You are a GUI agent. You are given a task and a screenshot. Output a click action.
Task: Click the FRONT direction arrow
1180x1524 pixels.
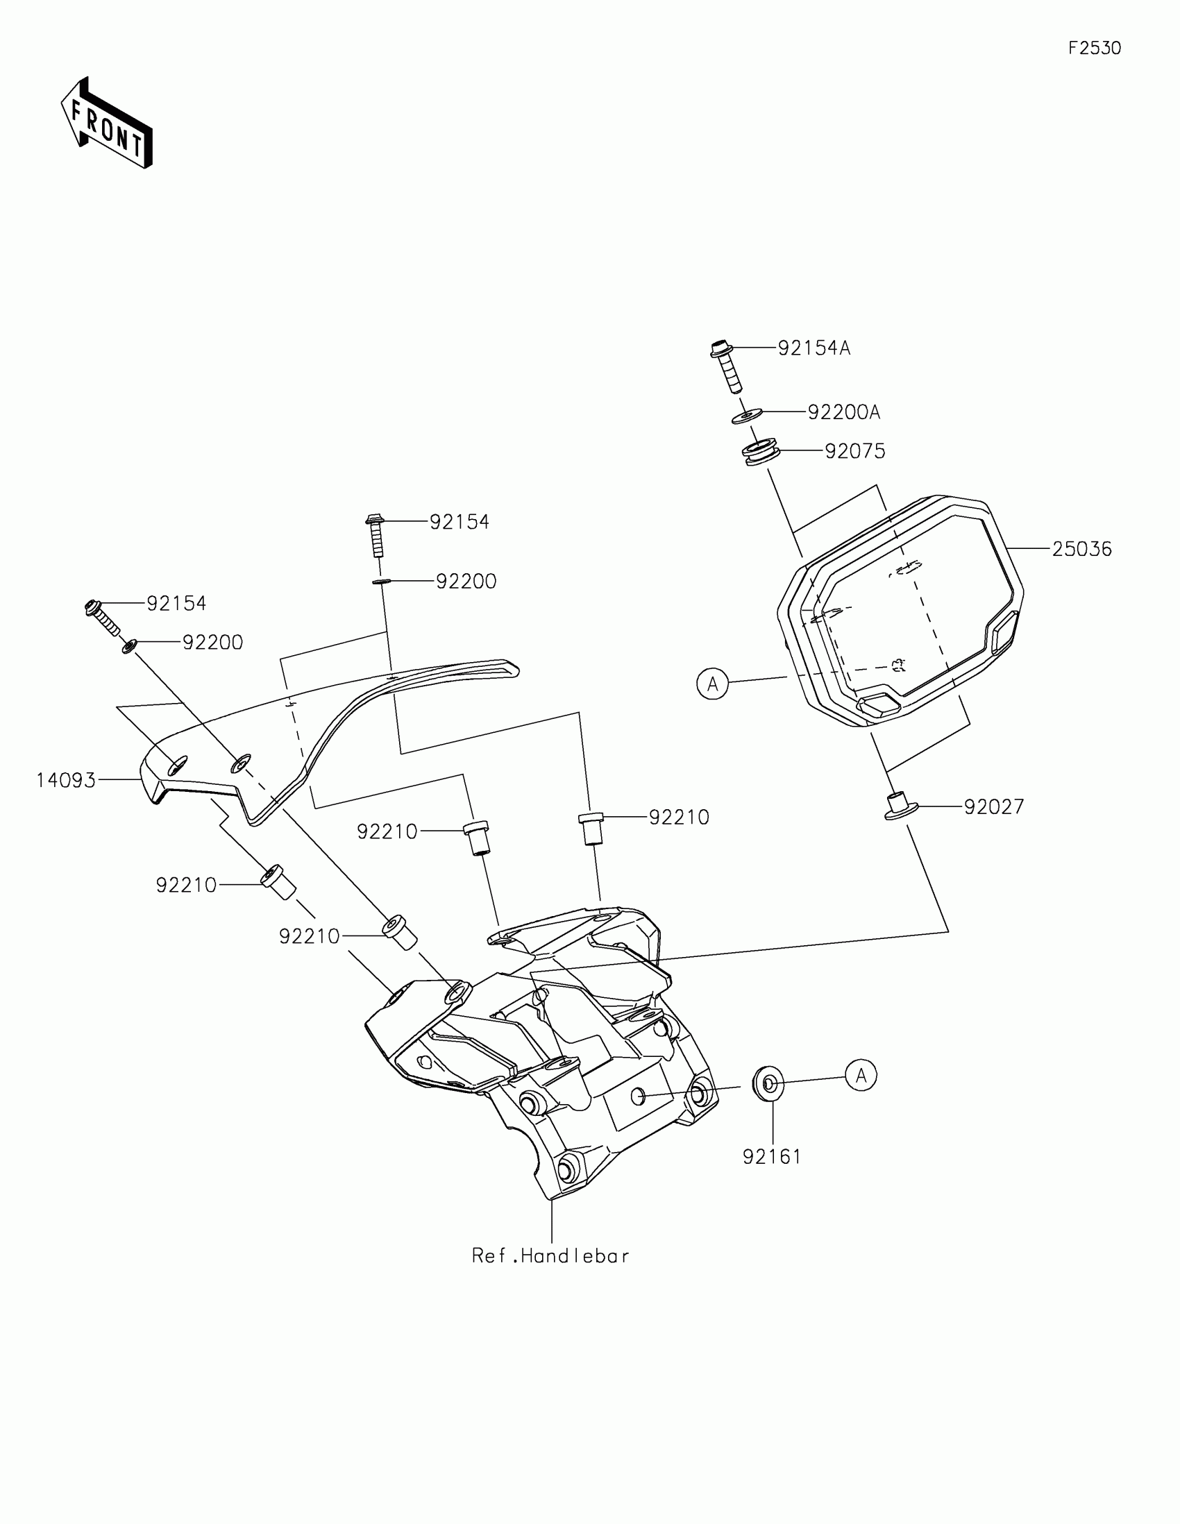click(106, 123)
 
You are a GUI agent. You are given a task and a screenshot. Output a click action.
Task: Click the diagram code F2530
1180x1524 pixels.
click(1094, 48)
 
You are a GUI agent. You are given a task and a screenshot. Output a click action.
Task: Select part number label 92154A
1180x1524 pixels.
click(814, 348)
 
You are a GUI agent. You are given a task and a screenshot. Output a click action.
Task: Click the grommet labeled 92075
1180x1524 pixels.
click(760, 452)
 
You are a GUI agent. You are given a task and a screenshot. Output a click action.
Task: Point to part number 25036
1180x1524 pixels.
click(1081, 549)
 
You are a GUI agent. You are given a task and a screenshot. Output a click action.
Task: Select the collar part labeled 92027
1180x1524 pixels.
click(899, 806)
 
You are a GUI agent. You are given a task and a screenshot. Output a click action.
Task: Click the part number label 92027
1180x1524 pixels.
click(994, 806)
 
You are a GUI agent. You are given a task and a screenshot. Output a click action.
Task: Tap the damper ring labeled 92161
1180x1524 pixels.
click(768, 1084)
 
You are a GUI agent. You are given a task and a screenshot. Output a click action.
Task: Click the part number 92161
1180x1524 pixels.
click(772, 1157)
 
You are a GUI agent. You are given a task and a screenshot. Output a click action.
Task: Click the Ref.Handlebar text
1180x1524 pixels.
click(550, 1256)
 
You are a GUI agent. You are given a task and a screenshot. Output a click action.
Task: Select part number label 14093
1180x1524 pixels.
click(67, 780)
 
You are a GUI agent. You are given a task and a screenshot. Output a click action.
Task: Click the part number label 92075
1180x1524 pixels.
click(855, 452)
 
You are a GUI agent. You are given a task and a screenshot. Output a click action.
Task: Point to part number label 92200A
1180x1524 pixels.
click(843, 412)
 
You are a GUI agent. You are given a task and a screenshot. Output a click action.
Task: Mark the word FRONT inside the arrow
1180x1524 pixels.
click(108, 127)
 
